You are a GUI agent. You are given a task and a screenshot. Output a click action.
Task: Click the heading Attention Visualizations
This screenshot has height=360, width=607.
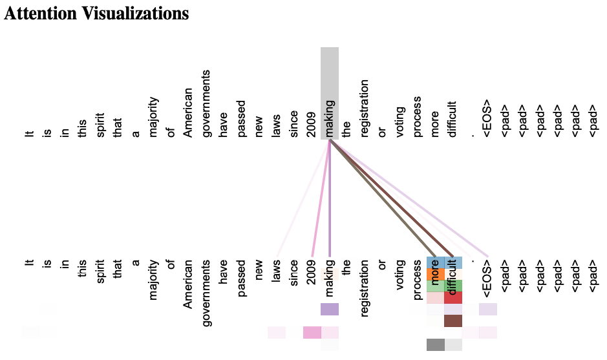(x=97, y=14)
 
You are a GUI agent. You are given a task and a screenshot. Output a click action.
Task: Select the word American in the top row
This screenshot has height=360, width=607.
(x=188, y=114)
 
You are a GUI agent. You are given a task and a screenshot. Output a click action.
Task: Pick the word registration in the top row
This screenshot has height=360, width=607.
(x=365, y=109)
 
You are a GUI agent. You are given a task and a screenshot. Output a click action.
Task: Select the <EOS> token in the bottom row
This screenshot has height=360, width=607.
(x=488, y=273)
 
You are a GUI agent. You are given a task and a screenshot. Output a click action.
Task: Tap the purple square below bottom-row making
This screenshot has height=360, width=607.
(x=330, y=310)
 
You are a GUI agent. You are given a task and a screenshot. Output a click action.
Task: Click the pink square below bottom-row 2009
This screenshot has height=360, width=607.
(x=312, y=333)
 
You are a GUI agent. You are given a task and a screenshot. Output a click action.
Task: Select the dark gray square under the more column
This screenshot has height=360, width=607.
(x=435, y=344)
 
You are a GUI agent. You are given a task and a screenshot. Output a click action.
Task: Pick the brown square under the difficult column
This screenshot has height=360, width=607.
(x=453, y=321)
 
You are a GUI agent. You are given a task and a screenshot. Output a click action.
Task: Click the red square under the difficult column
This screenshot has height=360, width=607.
(x=453, y=298)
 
